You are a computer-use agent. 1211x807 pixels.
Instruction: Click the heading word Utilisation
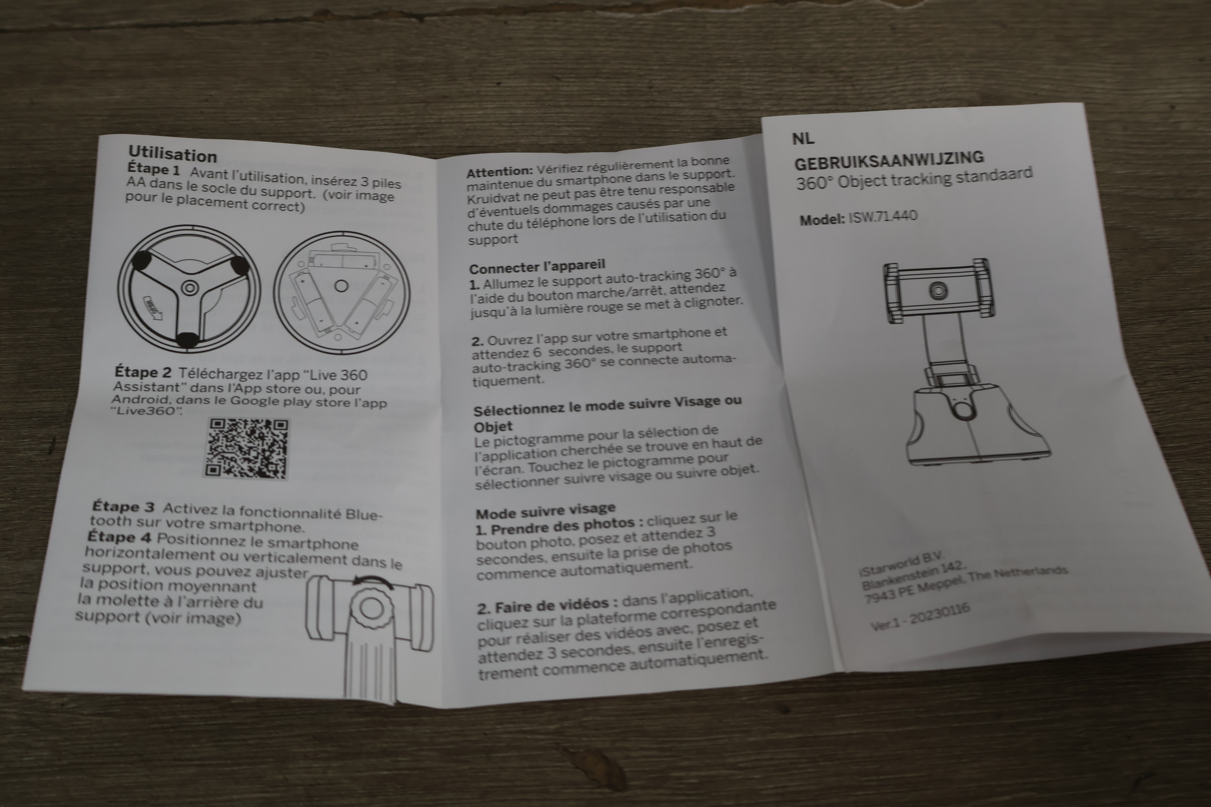[x=173, y=154]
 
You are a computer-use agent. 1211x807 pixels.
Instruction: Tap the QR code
[x=248, y=448]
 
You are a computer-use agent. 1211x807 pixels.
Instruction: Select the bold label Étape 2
[x=143, y=372]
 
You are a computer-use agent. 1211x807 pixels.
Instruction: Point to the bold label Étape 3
[x=123, y=506]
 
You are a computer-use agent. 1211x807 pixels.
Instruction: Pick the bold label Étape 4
[x=120, y=537]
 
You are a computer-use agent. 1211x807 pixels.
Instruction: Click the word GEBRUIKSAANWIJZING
[x=889, y=160]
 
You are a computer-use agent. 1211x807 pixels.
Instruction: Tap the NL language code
[x=803, y=138]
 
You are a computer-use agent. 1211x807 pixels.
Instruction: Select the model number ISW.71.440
[x=883, y=217]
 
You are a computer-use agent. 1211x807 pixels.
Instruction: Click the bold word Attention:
[x=500, y=171]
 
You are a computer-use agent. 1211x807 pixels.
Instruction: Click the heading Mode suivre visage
[x=545, y=510]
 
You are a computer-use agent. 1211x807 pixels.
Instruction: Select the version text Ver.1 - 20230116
[x=920, y=617]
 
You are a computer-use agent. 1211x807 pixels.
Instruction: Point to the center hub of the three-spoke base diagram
[x=190, y=287]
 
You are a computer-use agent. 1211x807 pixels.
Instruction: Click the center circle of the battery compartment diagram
[x=342, y=285]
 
